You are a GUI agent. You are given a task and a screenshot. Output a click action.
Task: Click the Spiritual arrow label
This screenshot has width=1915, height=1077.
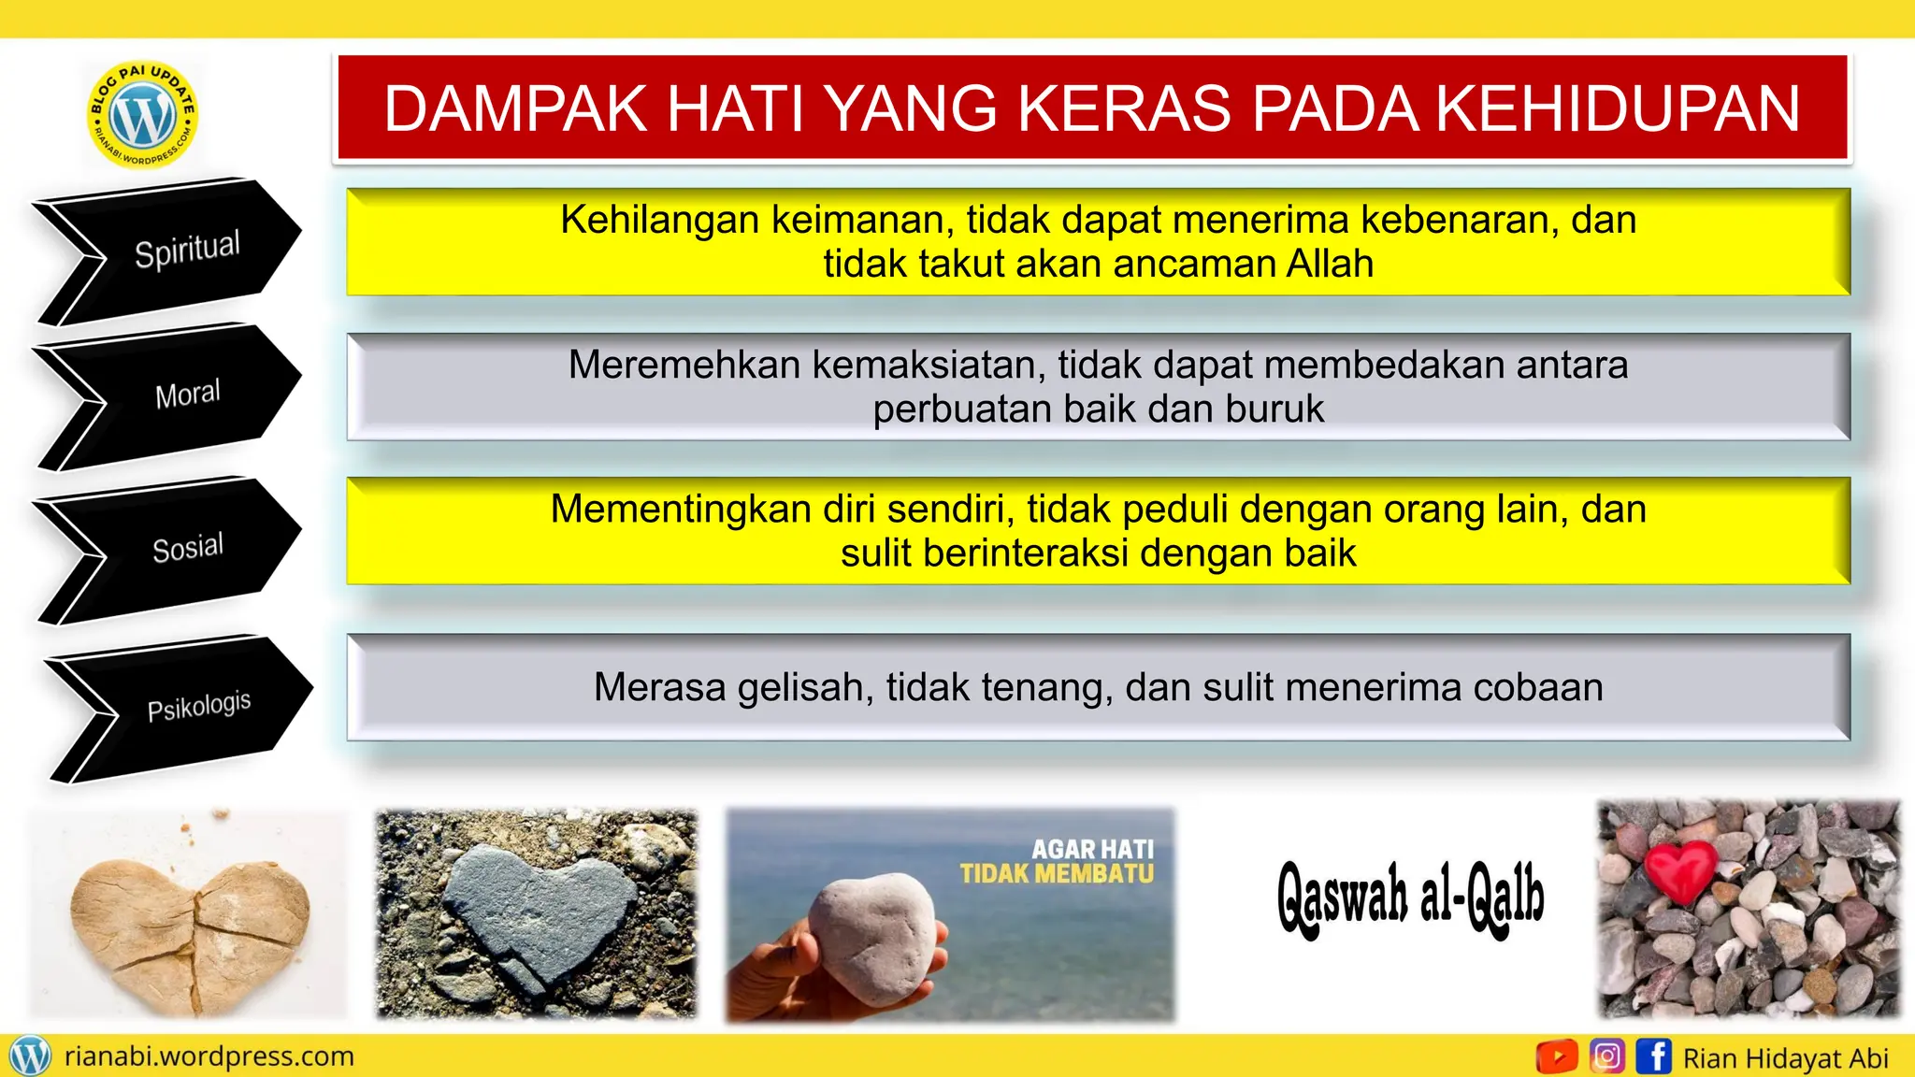tap(187, 250)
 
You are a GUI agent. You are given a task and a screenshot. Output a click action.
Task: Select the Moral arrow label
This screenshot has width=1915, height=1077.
tap(187, 395)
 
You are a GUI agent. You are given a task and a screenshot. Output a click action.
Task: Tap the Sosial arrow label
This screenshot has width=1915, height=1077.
tap(187, 548)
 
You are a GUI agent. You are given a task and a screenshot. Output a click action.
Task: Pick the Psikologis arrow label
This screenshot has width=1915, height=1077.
tap(198, 706)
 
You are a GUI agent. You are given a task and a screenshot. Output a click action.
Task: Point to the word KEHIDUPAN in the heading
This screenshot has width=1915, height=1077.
tap(1617, 108)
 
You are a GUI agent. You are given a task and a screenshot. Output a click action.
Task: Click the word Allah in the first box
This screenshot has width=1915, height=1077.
tap(1329, 265)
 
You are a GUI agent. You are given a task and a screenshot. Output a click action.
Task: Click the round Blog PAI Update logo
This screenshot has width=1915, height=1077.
tap(142, 115)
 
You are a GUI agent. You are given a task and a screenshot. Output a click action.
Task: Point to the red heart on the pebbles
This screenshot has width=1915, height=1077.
tap(1680, 870)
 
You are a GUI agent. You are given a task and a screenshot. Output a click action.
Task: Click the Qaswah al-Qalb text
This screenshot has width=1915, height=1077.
tap(1410, 897)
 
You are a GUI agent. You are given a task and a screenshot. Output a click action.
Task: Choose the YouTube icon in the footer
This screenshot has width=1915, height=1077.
tap(1556, 1056)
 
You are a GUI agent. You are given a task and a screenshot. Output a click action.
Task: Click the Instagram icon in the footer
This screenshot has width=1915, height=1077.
tap(1606, 1056)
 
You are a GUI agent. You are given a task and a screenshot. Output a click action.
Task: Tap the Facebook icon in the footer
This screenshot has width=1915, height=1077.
tap(1653, 1056)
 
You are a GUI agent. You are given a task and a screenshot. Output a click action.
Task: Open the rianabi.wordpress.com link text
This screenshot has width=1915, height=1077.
tap(209, 1056)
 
